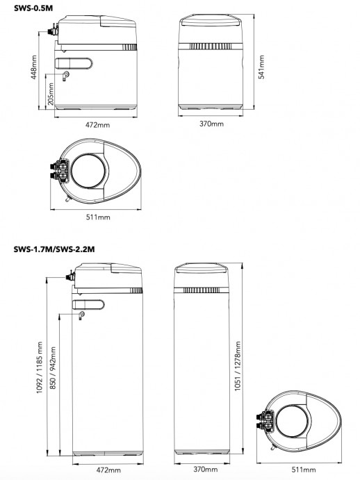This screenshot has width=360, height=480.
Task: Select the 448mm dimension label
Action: (33, 69)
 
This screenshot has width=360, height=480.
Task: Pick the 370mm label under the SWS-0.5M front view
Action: (211, 123)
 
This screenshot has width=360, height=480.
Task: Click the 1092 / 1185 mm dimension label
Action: (40, 367)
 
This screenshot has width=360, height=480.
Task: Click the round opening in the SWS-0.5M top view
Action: (89, 171)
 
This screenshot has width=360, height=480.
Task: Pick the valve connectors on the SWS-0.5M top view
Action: (58, 172)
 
